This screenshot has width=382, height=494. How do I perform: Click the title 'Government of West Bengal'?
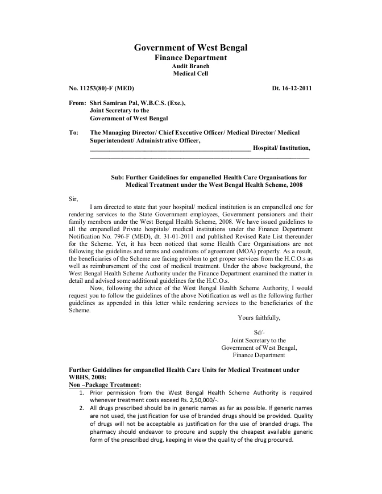coord(190,48)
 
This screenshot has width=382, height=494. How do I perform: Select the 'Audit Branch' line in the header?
coord(190,66)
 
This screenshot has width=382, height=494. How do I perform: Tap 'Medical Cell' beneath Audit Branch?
coord(190,73)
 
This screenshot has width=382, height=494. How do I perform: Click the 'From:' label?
coord(76,103)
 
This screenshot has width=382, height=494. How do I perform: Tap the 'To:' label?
coord(73,132)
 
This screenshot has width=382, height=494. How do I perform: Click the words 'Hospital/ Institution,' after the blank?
coord(282,148)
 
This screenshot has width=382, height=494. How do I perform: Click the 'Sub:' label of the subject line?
coord(117,177)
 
